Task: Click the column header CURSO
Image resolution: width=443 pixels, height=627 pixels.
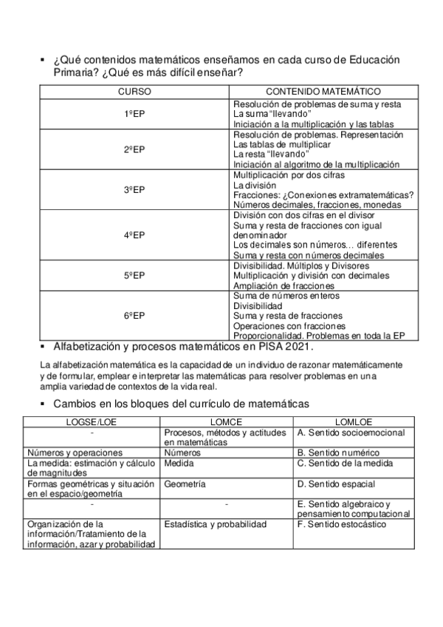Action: coord(135,91)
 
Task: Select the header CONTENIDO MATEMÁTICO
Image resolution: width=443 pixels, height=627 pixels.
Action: coord(323,91)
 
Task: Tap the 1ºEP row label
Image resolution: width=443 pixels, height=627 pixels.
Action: coord(134,115)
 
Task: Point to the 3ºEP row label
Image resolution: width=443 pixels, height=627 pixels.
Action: coord(134,190)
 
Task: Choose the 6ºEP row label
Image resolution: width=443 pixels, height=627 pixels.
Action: coord(134,316)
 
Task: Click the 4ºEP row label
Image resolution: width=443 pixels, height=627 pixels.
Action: coord(134,235)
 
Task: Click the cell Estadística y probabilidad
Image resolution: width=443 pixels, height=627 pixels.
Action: coord(215,524)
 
